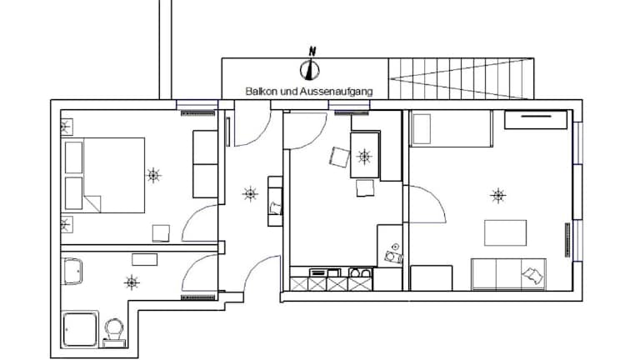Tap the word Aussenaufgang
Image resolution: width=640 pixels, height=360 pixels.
(x=337, y=92)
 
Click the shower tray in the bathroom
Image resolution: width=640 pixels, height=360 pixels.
(x=80, y=329)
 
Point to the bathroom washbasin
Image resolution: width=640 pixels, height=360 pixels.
(x=72, y=271)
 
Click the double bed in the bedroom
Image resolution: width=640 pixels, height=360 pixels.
(x=102, y=175)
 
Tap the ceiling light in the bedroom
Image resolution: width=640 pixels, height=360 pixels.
(x=153, y=176)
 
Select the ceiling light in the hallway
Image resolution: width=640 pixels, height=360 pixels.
(x=250, y=193)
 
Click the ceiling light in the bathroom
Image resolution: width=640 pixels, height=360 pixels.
(x=132, y=282)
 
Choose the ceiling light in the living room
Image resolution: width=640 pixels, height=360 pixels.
(x=497, y=196)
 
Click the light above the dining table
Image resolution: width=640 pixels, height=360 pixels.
(x=363, y=157)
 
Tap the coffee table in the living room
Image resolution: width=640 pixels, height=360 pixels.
(x=505, y=232)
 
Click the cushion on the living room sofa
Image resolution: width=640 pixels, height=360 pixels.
(x=533, y=275)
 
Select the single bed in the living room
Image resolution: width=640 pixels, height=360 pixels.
(x=451, y=128)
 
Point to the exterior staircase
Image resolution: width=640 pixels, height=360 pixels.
(x=461, y=78)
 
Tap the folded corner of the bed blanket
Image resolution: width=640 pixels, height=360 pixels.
(x=93, y=202)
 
